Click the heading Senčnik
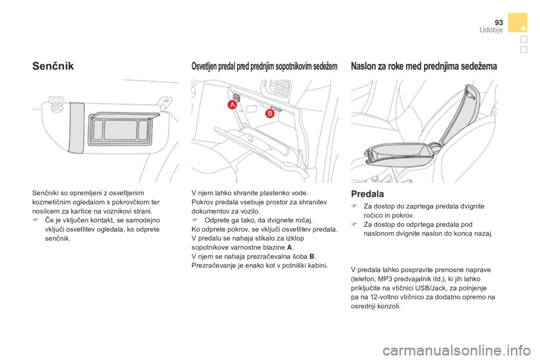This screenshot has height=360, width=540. point(54,66)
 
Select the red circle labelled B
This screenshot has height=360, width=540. point(269,113)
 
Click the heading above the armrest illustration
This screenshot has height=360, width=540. point(423,66)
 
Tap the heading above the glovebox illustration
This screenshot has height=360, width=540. point(264,66)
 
